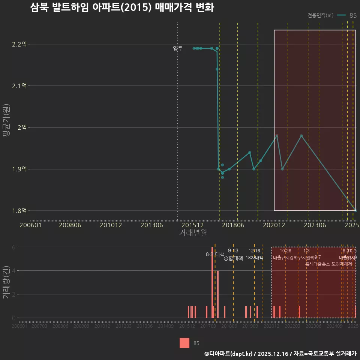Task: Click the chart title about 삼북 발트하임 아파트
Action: [x=122, y=7]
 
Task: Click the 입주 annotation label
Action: [x=178, y=48]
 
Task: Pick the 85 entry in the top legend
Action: [x=352, y=15]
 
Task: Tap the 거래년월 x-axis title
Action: [x=193, y=233]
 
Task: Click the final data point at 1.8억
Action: [x=355, y=210]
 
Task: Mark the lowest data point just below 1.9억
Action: [x=222, y=177]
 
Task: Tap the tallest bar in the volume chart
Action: [x=212, y=282]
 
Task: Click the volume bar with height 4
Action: [x=218, y=294]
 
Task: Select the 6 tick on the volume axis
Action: [x=14, y=247]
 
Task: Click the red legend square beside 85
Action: [x=184, y=343]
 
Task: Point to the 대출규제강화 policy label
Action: [x=285, y=258]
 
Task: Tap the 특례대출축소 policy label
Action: [x=318, y=264]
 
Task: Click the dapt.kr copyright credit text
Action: [x=280, y=353]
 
